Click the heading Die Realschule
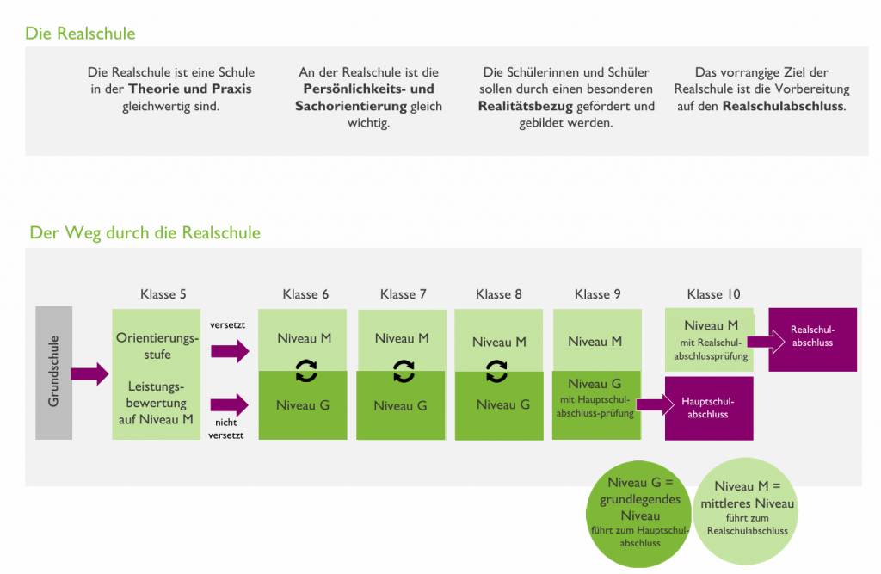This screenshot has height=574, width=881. [x=80, y=34]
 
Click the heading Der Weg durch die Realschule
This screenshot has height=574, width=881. [x=145, y=232]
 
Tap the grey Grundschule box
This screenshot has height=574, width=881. [x=53, y=372]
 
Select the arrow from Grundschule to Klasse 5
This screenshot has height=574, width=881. [x=89, y=373]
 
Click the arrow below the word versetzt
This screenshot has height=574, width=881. [x=229, y=350]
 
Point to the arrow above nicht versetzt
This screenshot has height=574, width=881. [x=229, y=403]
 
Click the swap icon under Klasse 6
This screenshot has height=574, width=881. [x=305, y=371]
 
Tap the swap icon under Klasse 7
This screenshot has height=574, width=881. [x=403, y=371]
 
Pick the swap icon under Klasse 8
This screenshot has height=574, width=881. [x=496, y=371]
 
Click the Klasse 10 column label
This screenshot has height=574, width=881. [x=713, y=294]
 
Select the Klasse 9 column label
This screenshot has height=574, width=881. [x=597, y=294]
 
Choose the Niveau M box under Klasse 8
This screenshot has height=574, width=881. [x=499, y=342]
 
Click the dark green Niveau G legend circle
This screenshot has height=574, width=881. [x=639, y=513]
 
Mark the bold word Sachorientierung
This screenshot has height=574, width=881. [x=350, y=107]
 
